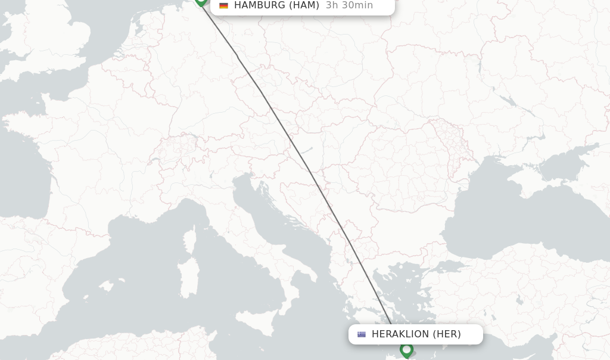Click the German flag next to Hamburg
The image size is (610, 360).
224,5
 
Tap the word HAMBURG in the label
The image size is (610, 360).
260,5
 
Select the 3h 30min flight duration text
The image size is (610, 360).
349,5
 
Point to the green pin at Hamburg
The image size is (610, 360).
201,1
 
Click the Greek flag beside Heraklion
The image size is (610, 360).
362,334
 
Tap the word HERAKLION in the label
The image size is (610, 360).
400,334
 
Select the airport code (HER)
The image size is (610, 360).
447,334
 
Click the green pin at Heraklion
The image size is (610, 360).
406,349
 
